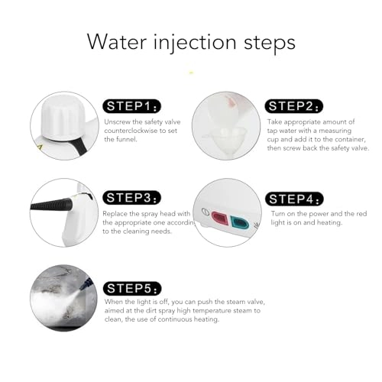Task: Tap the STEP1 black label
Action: pyautogui.click(x=132, y=106)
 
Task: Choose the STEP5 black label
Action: pyautogui.click(x=132, y=289)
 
